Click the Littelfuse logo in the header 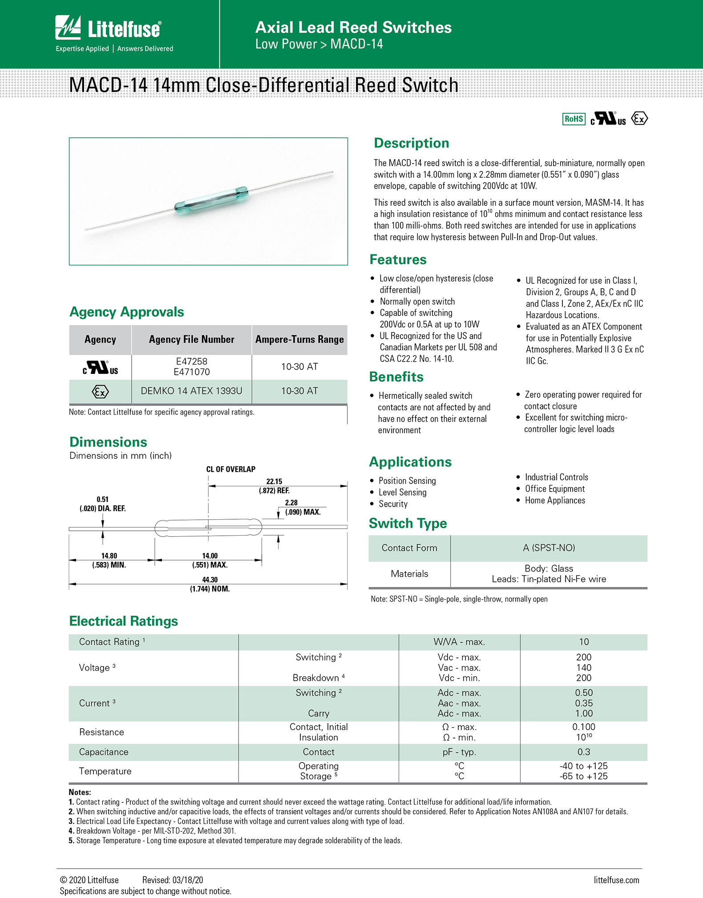pyautogui.click(x=108, y=28)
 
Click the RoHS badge pyautogui.click(x=574, y=119)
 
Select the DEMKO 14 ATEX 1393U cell pyautogui.click(x=191, y=391)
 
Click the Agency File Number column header pyautogui.click(x=191, y=340)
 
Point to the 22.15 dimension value pyautogui.click(x=274, y=481)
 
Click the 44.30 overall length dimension pyautogui.click(x=210, y=580)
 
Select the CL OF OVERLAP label pyautogui.click(x=230, y=469)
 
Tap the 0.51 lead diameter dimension pyautogui.click(x=102, y=500)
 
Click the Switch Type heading pyautogui.click(x=408, y=524)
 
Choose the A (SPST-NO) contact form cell pyautogui.click(x=549, y=548)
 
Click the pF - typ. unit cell pyautogui.click(x=459, y=752)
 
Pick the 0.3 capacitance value pyautogui.click(x=584, y=752)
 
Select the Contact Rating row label pyautogui.click(x=109, y=642)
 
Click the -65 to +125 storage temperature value pyautogui.click(x=584, y=777)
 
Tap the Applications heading pyautogui.click(x=410, y=462)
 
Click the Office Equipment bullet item pyautogui.click(x=555, y=489)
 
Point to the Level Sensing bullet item pyautogui.click(x=402, y=493)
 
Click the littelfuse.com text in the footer pyautogui.click(x=616, y=880)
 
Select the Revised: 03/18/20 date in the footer pyautogui.click(x=173, y=880)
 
